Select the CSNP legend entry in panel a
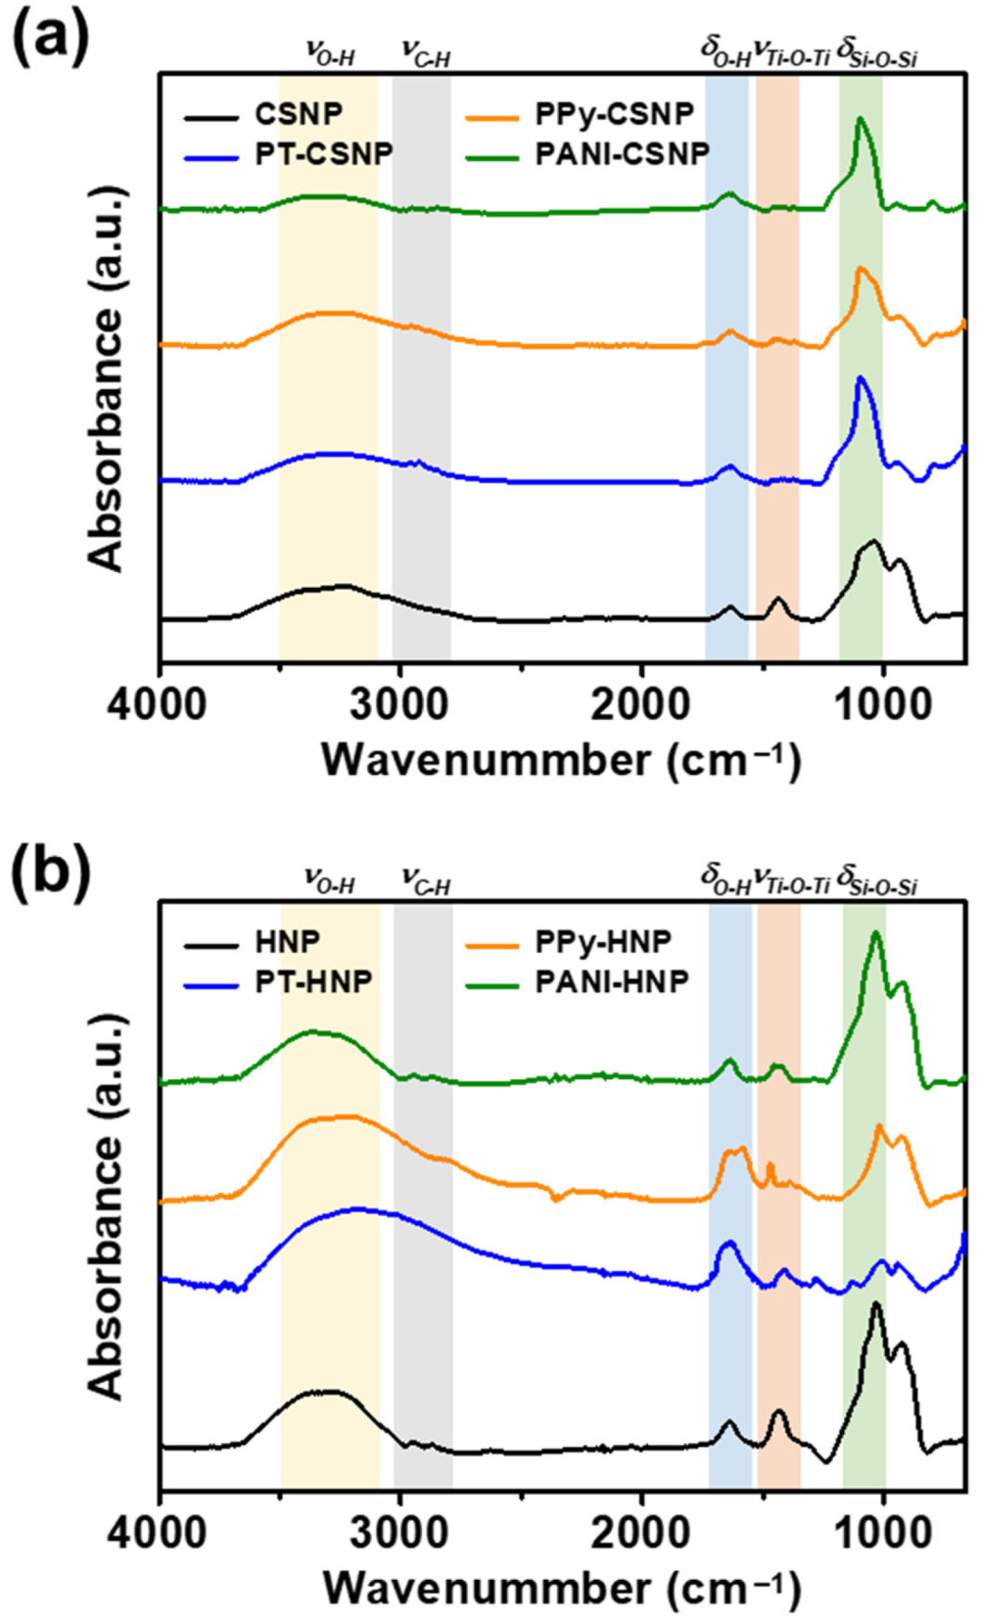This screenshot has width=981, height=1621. pos(298,115)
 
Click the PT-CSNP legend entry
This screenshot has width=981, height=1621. pos(323,154)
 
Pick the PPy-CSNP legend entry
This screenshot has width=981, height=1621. pos(614,115)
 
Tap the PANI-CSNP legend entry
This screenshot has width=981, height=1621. pos(622,154)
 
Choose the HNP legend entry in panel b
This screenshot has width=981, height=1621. pos(287,942)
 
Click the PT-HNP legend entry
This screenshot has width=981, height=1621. pos(313,981)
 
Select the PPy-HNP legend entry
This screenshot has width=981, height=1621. pos(603,942)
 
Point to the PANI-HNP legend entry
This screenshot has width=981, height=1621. pos(611,981)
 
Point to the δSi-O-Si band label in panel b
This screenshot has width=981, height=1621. pos(877,879)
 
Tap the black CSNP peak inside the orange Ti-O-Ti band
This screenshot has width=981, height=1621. pos(779,599)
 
